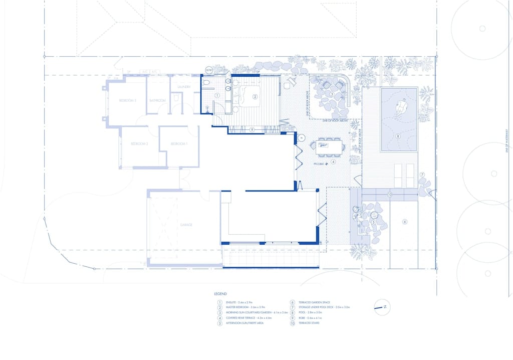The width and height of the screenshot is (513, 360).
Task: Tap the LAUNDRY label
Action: (x=183, y=87)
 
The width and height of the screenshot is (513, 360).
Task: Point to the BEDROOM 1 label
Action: (x=179, y=144)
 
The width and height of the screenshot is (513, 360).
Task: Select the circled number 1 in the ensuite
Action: (x=217, y=95)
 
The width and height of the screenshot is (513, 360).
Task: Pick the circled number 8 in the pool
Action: (x=398, y=136)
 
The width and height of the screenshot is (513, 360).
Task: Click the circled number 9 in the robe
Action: (x=252, y=129)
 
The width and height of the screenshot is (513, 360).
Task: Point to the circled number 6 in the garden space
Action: (x=405, y=222)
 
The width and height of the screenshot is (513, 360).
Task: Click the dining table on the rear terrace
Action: (x=329, y=147)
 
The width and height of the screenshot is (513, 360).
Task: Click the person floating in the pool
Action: (x=401, y=106)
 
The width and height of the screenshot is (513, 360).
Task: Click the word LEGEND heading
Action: (x=220, y=294)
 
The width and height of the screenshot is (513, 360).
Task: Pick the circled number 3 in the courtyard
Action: (x=331, y=94)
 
